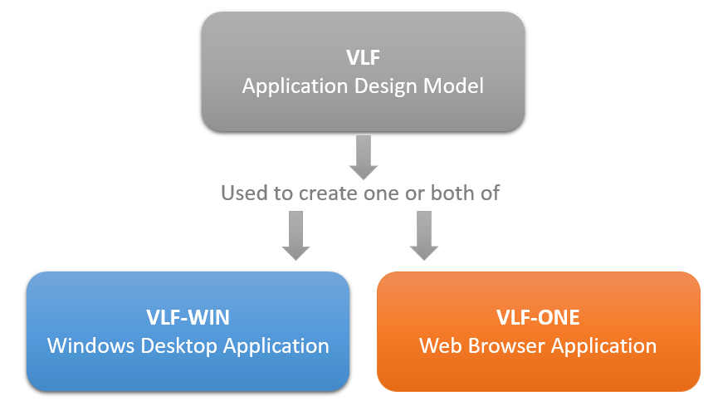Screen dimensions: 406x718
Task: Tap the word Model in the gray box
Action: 453,86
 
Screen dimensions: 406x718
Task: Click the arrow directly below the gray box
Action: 363,157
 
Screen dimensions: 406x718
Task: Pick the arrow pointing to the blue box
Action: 296,234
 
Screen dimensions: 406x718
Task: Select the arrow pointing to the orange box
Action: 423,234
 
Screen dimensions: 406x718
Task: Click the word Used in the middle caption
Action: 241,193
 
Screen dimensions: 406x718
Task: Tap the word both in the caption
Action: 448,193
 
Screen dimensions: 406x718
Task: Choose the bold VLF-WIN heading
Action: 188,317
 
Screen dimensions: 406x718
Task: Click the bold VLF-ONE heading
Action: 538,317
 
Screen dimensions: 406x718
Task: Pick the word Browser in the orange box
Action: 501,345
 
